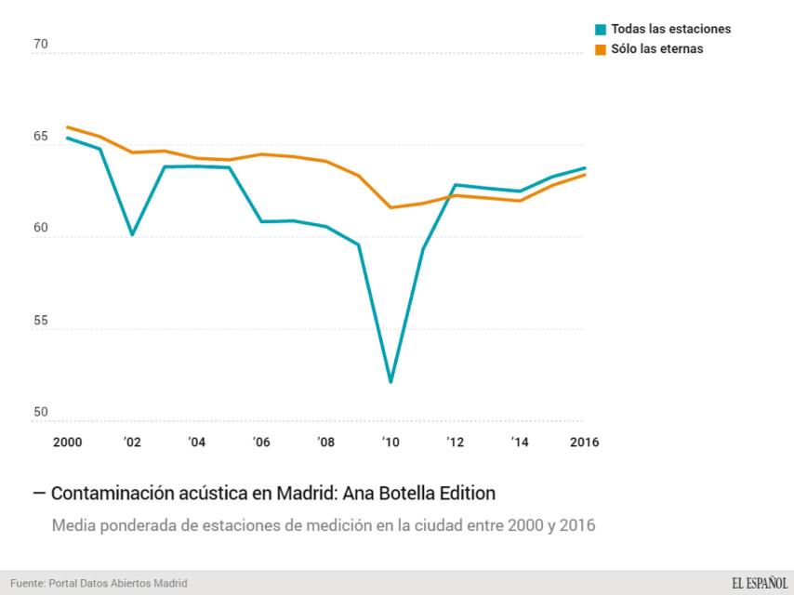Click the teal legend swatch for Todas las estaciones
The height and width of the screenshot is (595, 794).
602,29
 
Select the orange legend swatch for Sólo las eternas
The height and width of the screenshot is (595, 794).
602,49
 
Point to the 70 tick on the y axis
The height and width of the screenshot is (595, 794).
41,45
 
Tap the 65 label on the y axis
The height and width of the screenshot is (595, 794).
41,137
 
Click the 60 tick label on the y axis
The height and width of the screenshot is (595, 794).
41,229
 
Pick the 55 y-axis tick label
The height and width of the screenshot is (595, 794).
41,320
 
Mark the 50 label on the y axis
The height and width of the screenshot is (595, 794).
41,412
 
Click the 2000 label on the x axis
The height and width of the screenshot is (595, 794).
67,442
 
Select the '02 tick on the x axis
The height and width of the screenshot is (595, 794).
132,442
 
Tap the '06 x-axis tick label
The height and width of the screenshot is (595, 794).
261,442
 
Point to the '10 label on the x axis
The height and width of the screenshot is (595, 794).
390,442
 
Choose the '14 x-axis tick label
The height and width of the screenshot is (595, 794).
520,442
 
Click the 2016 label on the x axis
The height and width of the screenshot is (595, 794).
584,442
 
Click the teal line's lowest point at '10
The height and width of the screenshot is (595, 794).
390,382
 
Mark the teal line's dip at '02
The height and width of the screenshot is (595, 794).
132,234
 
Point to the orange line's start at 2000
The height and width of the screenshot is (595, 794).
67,127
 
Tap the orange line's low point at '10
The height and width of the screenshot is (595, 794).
390,207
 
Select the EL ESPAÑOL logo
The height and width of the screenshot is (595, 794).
759,583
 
